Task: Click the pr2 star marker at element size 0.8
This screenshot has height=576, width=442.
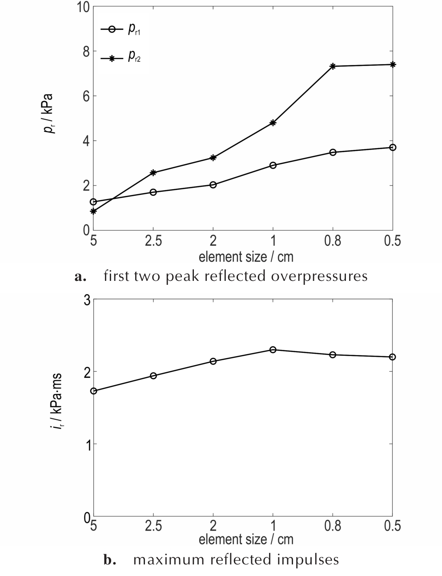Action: (x=333, y=66)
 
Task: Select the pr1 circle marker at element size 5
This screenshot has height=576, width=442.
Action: (x=93, y=202)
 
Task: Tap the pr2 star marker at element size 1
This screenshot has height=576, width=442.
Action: (x=273, y=123)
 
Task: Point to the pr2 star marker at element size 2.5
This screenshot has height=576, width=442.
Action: (x=153, y=173)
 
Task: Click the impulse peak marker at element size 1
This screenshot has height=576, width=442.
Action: (x=273, y=350)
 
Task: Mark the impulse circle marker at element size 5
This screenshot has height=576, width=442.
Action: (x=93, y=391)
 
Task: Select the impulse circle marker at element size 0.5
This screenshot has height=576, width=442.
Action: (x=392, y=357)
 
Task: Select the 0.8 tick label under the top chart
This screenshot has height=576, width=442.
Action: (x=333, y=241)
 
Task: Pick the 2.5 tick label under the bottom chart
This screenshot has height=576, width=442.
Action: (x=153, y=526)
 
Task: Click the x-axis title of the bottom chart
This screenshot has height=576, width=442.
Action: (x=246, y=539)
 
